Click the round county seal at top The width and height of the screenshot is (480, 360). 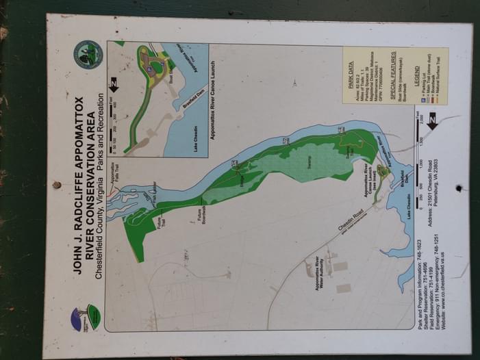pyautogui.click(x=89, y=54)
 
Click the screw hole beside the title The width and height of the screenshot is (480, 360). pyautogui.click(x=56, y=185)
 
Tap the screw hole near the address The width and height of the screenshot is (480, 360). pyautogui.click(x=459, y=188)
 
